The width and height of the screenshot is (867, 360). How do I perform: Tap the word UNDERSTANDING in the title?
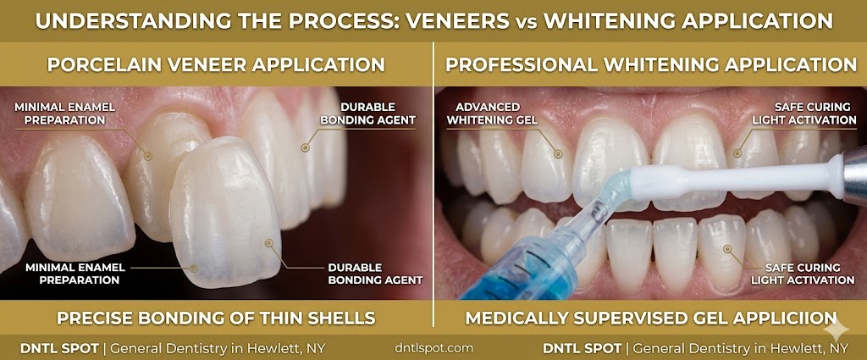[x=112, y=19]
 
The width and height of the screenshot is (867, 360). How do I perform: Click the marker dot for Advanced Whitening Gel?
[x=558, y=154]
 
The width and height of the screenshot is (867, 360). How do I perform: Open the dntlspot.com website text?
[x=433, y=347]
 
